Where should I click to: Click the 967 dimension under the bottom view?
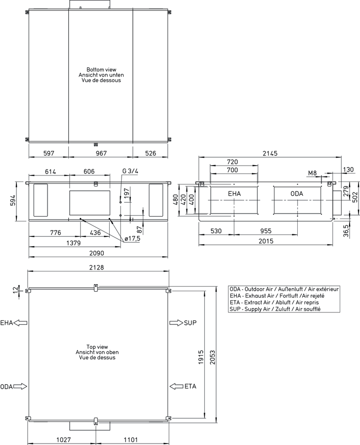(101, 153)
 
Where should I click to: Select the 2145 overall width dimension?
(270, 153)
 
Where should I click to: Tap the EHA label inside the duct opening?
(234, 193)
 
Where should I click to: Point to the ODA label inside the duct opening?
(297, 193)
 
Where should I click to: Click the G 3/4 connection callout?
(130, 171)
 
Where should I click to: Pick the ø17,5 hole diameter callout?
(133, 239)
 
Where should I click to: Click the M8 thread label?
(313, 173)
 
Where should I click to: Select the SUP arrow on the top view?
(177, 323)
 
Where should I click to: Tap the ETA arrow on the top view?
(177, 386)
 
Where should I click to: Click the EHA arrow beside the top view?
(20, 323)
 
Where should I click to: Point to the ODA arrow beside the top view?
(20, 386)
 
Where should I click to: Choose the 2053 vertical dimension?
(213, 357)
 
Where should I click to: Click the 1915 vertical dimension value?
(201, 357)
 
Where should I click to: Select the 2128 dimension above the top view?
(97, 267)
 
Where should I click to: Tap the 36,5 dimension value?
(346, 231)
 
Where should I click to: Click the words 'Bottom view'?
(101, 70)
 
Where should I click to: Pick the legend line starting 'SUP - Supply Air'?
(275, 309)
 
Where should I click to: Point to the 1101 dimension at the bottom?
(131, 440)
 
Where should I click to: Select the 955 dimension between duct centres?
(266, 231)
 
